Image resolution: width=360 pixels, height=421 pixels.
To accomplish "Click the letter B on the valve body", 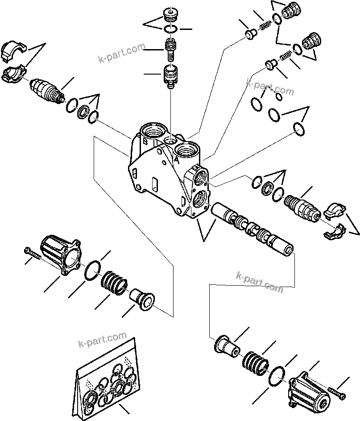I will [145, 142].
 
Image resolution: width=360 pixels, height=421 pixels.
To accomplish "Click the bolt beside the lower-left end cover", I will [34, 254].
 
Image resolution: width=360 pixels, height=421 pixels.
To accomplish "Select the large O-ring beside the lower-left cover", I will [93, 270].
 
